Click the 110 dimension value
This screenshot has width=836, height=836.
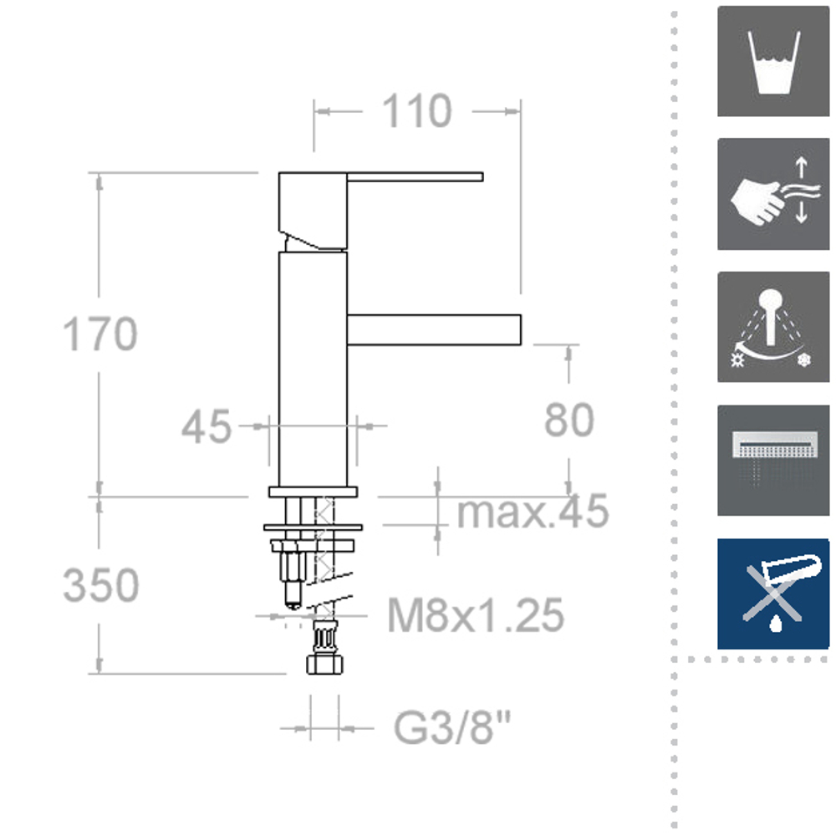point(417,111)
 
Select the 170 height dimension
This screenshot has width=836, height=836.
point(100,334)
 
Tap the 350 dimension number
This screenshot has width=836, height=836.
point(101,585)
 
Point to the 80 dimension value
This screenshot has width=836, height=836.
point(568,421)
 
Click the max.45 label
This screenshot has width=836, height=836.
point(533,511)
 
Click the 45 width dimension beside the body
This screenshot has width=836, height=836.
point(206,426)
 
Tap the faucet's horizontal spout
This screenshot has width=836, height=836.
point(434,330)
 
